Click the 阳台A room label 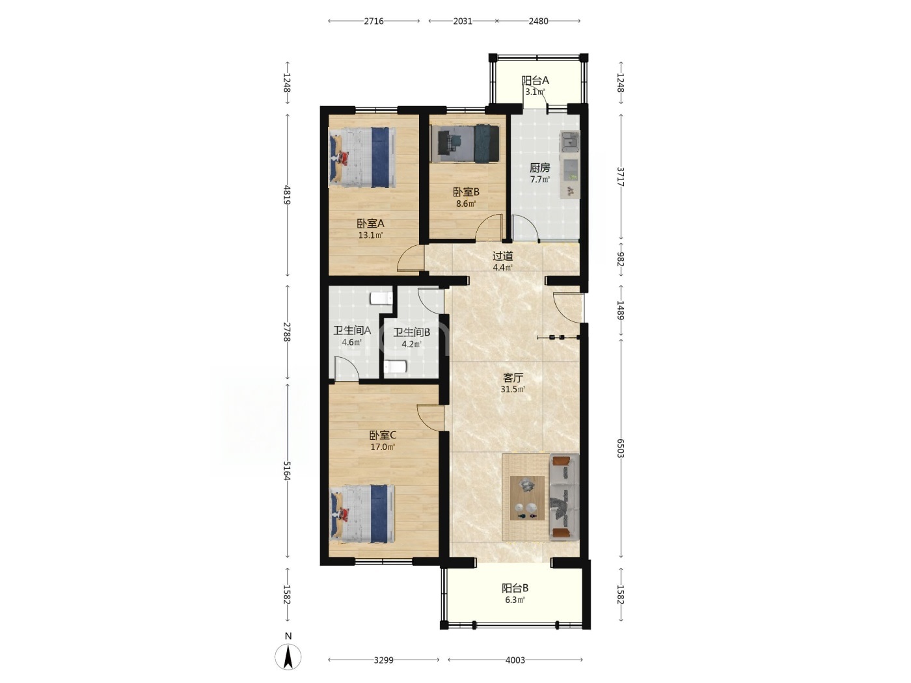(x=535, y=81)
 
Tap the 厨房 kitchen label (x=539, y=168)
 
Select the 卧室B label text (x=466, y=192)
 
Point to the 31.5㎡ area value (x=513, y=390)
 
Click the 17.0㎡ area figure (x=383, y=447)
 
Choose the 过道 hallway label (x=502, y=256)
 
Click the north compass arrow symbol (x=288, y=656)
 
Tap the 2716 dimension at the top (x=374, y=21)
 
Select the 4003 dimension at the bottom (x=515, y=660)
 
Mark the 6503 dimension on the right (x=621, y=448)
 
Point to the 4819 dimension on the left (x=287, y=195)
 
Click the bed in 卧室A (x=362, y=157)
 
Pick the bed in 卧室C (x=362, y=514)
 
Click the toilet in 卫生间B (x=395, y=367)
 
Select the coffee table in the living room (x=527, y=498)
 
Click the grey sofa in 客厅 (x=564, y=497)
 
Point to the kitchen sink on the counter (x=570, y=142)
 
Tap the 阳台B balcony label (x=515, y=588)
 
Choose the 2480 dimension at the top (x=538, y=21)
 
